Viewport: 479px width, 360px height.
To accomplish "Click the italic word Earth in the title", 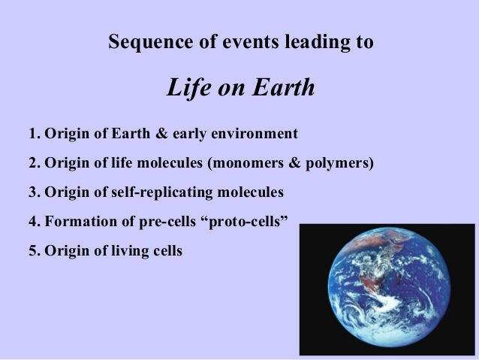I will click(281, 89).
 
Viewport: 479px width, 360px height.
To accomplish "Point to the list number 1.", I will click(32, 135).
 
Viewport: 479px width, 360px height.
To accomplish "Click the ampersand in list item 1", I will click(162, 135).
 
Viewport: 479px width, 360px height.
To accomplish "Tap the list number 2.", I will click(32, 164).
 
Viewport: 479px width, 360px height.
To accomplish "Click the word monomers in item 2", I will click(239, 164).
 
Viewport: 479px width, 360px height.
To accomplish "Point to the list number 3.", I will click(32, 192).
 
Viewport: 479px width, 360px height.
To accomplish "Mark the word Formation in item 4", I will click(77, 221).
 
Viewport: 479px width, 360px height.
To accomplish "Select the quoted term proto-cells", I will click(252, 221).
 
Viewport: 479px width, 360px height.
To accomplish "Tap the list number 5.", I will click(32, 250).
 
